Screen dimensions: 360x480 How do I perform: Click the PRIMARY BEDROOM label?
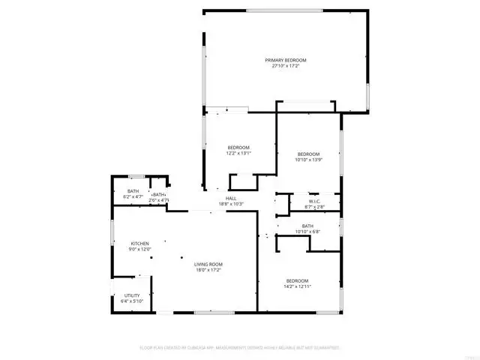point(285,60)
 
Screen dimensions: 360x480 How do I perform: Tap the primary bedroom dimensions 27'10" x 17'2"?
point(285,66)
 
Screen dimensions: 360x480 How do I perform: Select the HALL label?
point(231,199)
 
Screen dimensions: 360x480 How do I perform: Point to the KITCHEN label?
point(140,244)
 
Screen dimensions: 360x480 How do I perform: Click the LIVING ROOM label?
point(209,264)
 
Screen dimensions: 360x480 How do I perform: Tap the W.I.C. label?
point(313,200)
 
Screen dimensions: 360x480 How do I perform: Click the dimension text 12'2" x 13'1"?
point(238,153)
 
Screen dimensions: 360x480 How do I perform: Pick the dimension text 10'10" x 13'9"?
point(308,160)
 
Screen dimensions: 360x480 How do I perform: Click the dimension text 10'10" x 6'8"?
point(307,232)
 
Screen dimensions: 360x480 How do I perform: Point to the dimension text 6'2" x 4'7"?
point(133,196)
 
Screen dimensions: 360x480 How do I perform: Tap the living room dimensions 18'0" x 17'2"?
point(209,270)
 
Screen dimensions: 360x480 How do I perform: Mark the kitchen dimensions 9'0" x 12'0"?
point(140,250)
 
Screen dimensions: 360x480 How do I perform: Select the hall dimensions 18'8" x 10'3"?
point(231,204)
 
